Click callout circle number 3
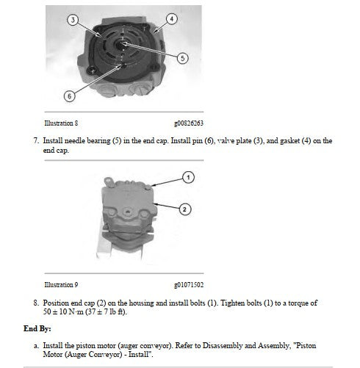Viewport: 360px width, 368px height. coord(73,20)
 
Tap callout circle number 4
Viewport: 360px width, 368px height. coord(172,19)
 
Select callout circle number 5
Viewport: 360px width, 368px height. coord(183,58)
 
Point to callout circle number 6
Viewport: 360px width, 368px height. coord(70,96)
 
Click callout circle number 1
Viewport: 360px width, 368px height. coord(188,177)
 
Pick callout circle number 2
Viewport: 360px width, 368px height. coord(184,209)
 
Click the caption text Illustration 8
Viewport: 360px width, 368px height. coord(61,123)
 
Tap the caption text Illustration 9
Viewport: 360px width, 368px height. coord(61,284)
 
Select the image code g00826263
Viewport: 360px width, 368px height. coord(189,123)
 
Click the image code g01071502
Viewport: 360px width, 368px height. coord(189,285)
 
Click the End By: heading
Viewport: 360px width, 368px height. coord(37,328)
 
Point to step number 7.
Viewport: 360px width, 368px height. coord(36,141)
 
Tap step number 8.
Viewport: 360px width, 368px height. coord(36,303)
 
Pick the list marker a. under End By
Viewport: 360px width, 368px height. coord(36,346)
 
